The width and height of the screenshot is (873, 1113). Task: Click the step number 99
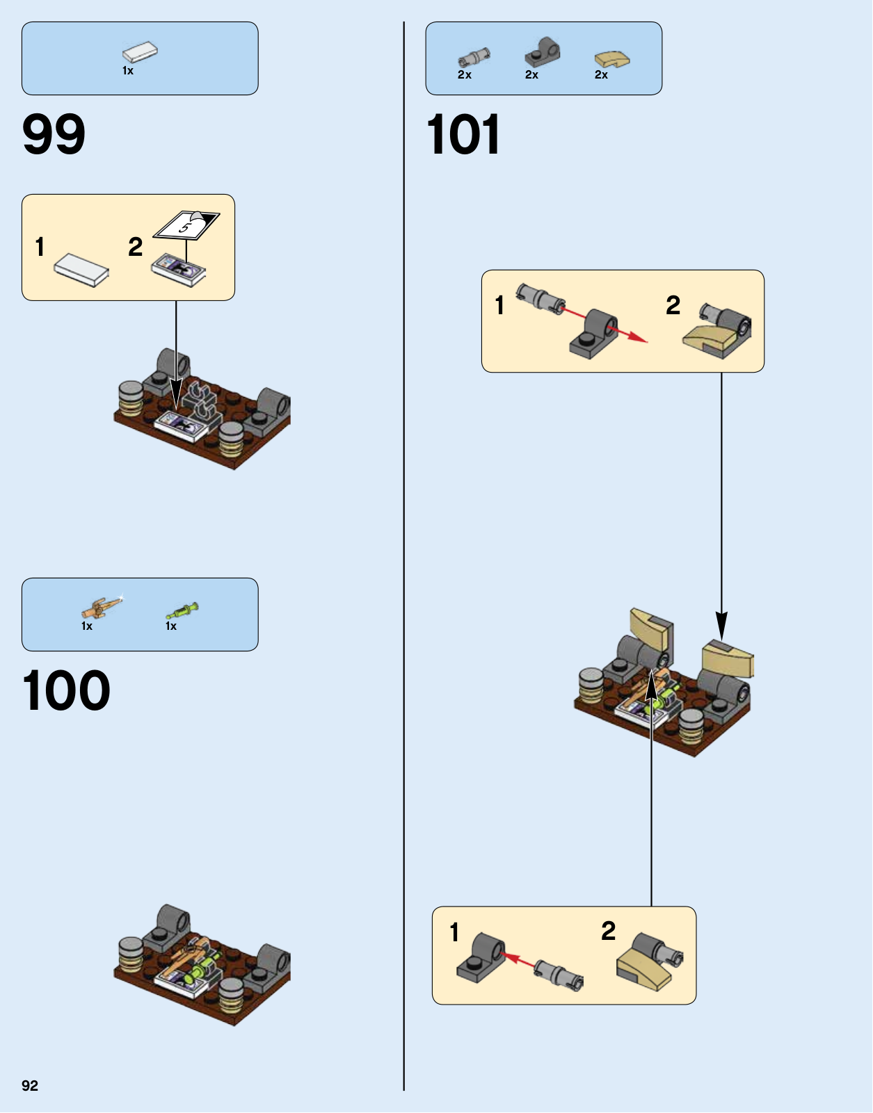click(54, 134)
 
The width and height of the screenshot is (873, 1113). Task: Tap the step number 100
click(66, 690)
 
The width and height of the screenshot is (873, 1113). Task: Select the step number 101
click(463, 134)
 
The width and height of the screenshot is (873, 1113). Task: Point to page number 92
click(30, 1086)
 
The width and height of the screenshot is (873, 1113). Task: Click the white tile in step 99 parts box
click(141, 52)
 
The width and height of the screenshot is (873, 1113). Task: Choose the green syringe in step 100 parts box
click(182, 611)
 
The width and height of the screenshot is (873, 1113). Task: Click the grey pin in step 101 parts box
click(474, 56)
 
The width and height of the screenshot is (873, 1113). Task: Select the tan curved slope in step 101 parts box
click(612, 59)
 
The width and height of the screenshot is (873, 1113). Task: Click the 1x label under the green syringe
click(171, 626)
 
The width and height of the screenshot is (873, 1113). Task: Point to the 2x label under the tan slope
click(601, 75)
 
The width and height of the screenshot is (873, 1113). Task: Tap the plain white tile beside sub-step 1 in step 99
click(81, 269)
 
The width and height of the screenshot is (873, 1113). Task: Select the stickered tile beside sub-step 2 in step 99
click(179, 269)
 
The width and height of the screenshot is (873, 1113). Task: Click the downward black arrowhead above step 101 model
click(721, 626)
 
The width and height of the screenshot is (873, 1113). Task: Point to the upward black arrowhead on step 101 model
click(651, 684)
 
